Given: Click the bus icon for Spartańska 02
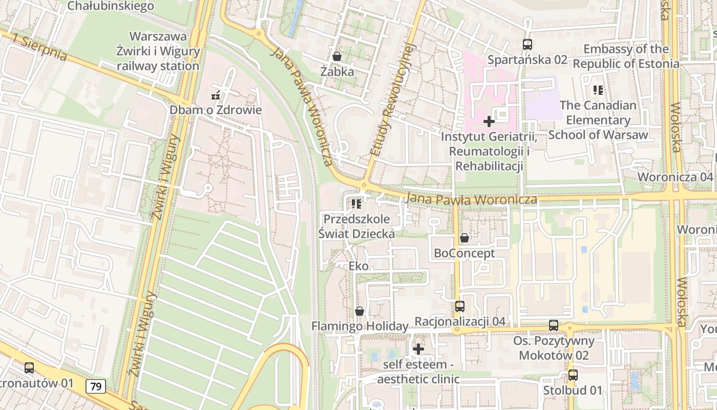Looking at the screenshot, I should pyautogui.click(x=527, y=45).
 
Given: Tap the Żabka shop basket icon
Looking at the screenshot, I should pyautogui.click(x=337, y=56).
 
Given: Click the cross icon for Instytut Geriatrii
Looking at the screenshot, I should pyautogui.click(x=489, y=121).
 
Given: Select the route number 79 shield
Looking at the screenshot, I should pyautogui.click(x=96, y=386).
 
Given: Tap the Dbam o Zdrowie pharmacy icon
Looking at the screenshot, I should pyautogui.click(x=216, y=95).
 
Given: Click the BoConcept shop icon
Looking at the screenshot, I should pyautogui.click(x=464, y=238).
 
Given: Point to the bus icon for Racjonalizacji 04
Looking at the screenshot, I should pyautogui.click(x=460, y=306).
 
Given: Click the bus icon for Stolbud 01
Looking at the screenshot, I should pyautogui.click(x=573, y=375).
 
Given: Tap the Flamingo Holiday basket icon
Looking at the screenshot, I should pyautogui.click(x=360, y=311).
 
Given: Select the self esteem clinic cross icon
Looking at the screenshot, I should pyautogui.click(x=418, y=349).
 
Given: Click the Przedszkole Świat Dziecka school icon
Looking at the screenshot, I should pyautogui.click(x=356, y=204).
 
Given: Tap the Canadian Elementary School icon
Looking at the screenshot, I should pyautogui.click(x=598, y=90).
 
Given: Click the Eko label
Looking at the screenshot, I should pyautogui.click(x=358, y=266).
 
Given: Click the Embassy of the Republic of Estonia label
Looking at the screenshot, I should pyautogui.click(x=626, y=56).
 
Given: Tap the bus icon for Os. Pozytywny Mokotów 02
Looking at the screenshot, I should pyautogui.click(x=553, y=325).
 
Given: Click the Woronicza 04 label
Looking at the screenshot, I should pyautogui.click(x=674, y=177).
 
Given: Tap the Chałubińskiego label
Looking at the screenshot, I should pyautogui.click(x=111, y=6).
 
